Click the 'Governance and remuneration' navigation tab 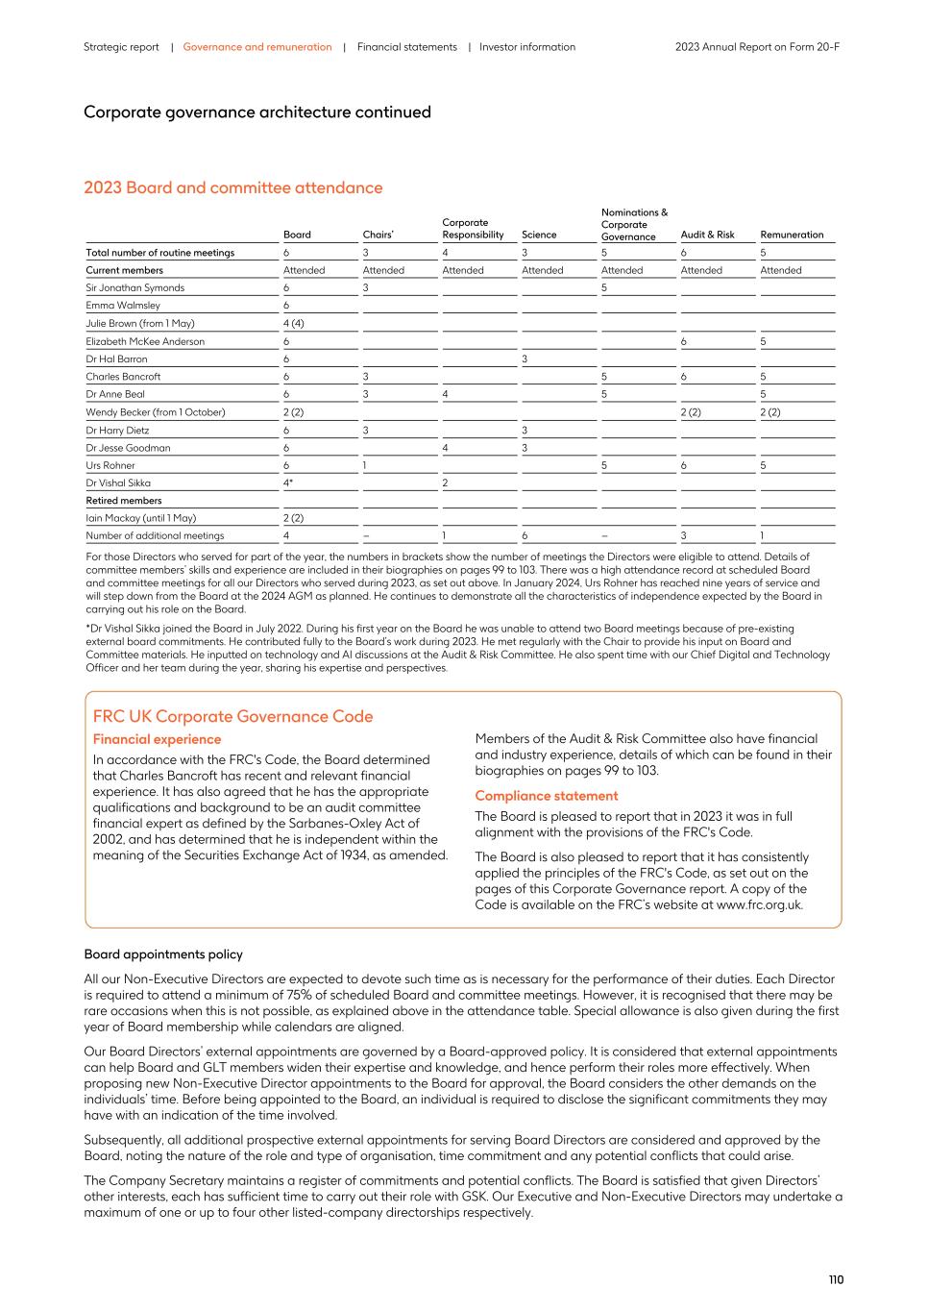point(256,47)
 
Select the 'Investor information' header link point(527,47)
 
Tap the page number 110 point(836,1279)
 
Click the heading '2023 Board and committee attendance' point(232,187)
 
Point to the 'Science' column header point(539,235)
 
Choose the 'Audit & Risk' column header point(707,235)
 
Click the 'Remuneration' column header point(792,235)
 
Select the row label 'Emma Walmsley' point(123,306)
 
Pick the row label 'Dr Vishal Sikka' point(118,483)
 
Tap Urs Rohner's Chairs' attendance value point(365,465)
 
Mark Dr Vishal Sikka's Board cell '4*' point(287,483)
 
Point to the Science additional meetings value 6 point(525,536)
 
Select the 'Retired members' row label point(124,501)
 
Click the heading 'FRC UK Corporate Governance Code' point(232,716)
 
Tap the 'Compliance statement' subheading point(546,796)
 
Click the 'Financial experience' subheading point(157,739)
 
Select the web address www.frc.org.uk point(758,904)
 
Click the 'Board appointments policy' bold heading point(163,954)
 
